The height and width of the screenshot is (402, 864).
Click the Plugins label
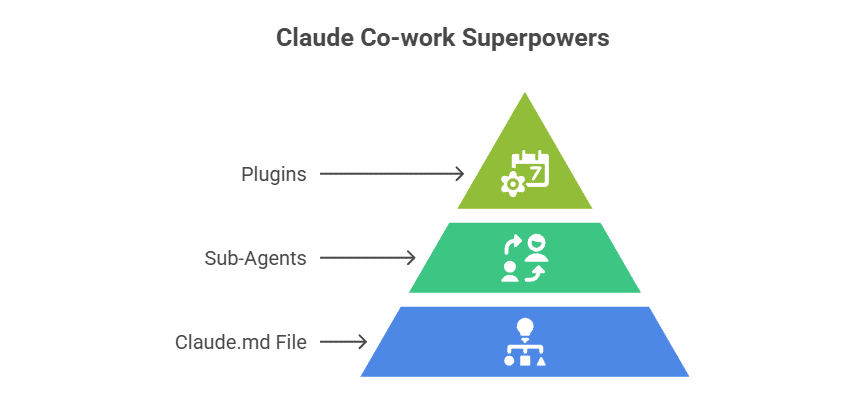pyautogui.click(x=273, y=174)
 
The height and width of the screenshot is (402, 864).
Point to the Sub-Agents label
pyautogui.click(x=255, y=258)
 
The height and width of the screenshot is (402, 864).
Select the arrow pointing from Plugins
pyautogui.click(x=391, y=174)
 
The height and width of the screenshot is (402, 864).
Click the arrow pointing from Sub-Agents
pyautogui.click(x=366, y=258)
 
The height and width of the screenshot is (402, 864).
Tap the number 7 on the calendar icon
pyautogui.click(x=537, y=174)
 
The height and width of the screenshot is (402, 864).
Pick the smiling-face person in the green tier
pyautogui.click(x=537, y=246)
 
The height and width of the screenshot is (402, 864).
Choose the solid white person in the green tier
pyautogui.click(x=511, y=272)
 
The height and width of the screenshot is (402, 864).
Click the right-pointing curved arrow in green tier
pyautogui.click(x=513, y=244)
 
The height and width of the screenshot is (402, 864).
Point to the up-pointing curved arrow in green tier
pyautogui.click(x=537, y=271)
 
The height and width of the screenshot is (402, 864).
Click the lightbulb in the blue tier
pyautogui.click(x=524, y=327)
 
